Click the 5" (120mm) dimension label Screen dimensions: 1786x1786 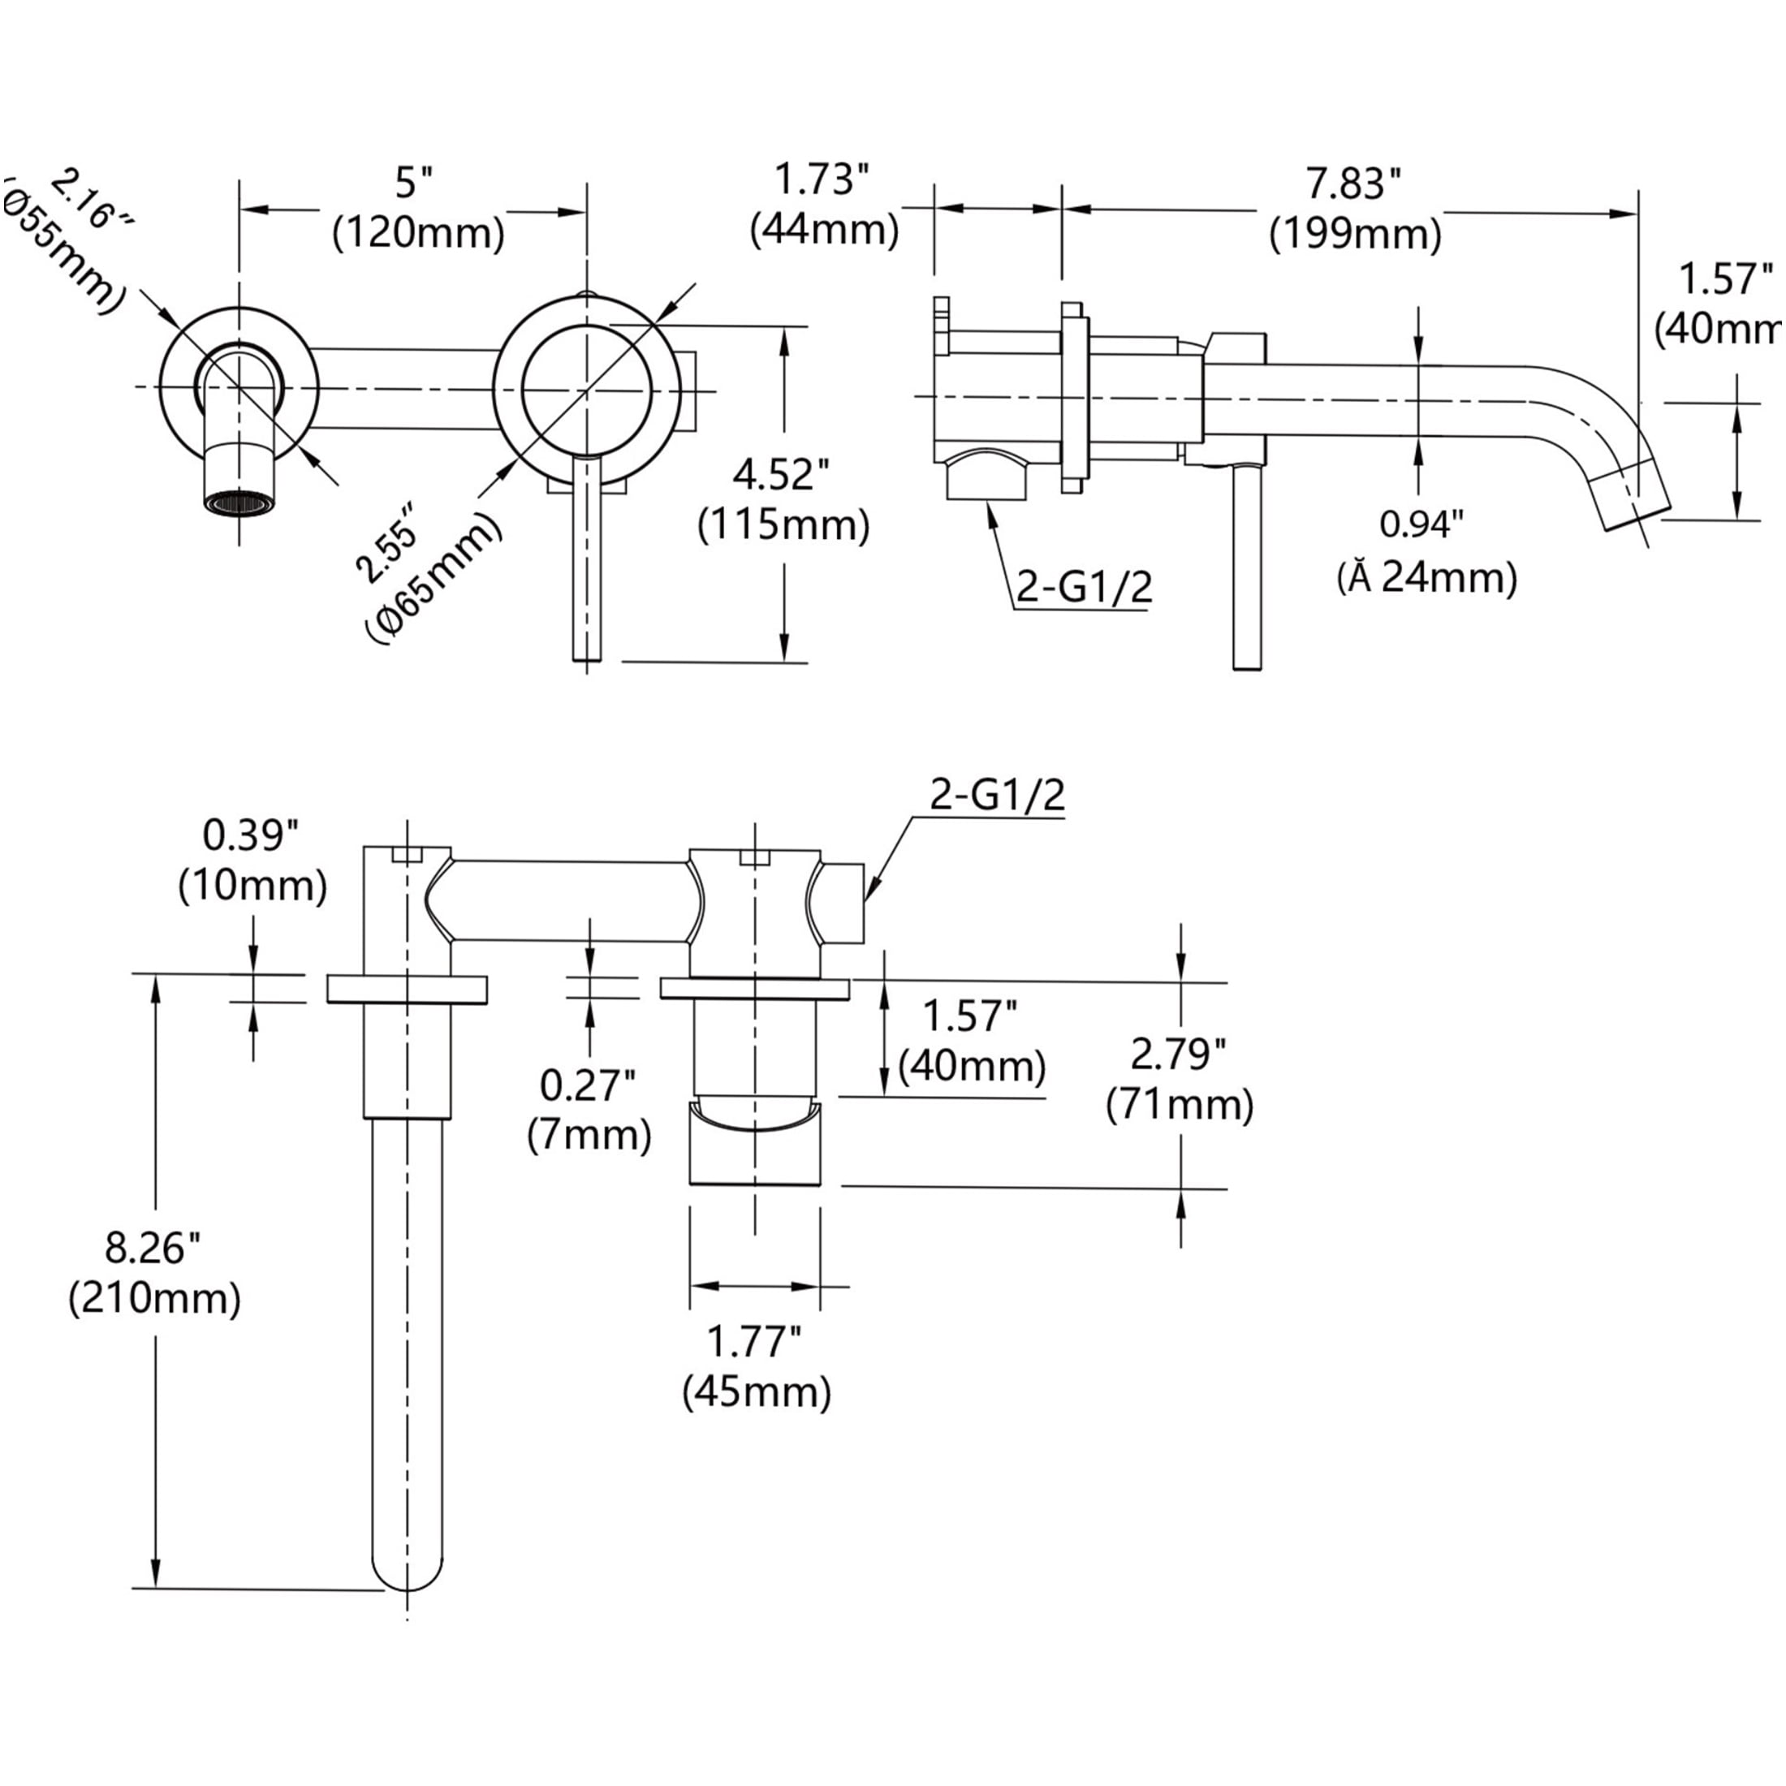coord(418,209)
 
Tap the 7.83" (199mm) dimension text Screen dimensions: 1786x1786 coord(1355,209)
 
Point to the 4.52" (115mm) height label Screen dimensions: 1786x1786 coord(783,500)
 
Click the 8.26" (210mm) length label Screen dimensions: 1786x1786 coord(154,1273)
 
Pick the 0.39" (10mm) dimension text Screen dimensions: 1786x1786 coord(252,861)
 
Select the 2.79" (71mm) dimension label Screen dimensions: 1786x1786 coord(1180,1079)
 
